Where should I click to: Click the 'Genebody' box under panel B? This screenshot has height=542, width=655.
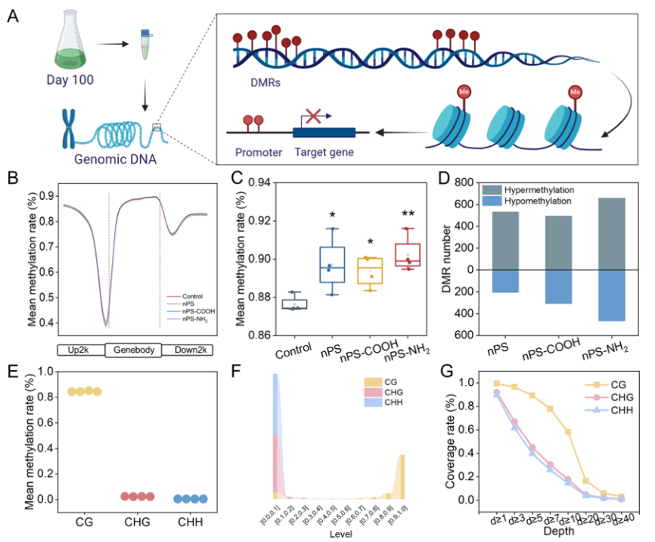click(x=134, y=350)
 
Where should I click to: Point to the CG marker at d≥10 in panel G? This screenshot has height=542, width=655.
click(x=567, y=431)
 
